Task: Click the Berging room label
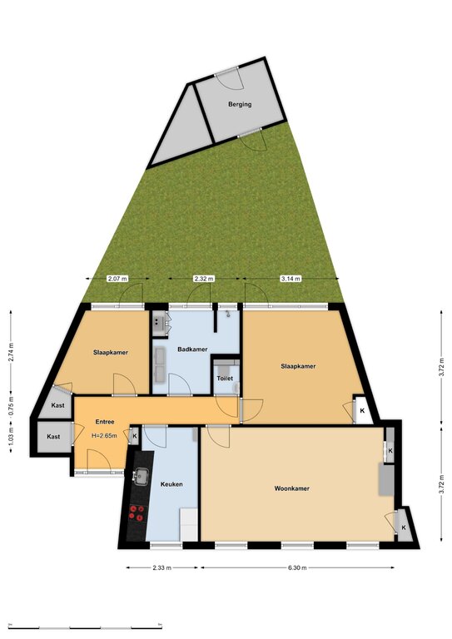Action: point(240,104)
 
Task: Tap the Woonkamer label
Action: point(292,488)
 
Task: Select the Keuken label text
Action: point(171,484)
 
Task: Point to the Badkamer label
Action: point(192,349)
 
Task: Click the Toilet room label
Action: point(225,379)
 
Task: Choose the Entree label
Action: point(105,422)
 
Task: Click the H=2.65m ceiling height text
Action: point(104,436)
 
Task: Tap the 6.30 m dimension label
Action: point(297,567)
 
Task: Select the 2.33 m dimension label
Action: point(161,567)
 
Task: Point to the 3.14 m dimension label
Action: point(291,279)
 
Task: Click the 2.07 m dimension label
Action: point(117,279)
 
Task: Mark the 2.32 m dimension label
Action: point(204,279)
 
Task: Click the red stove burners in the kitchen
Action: point(137,513)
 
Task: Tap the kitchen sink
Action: point(141,476)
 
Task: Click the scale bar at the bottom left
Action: point(85,626)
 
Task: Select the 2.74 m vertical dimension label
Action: point(11,350)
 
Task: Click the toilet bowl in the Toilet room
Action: point(236,389)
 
